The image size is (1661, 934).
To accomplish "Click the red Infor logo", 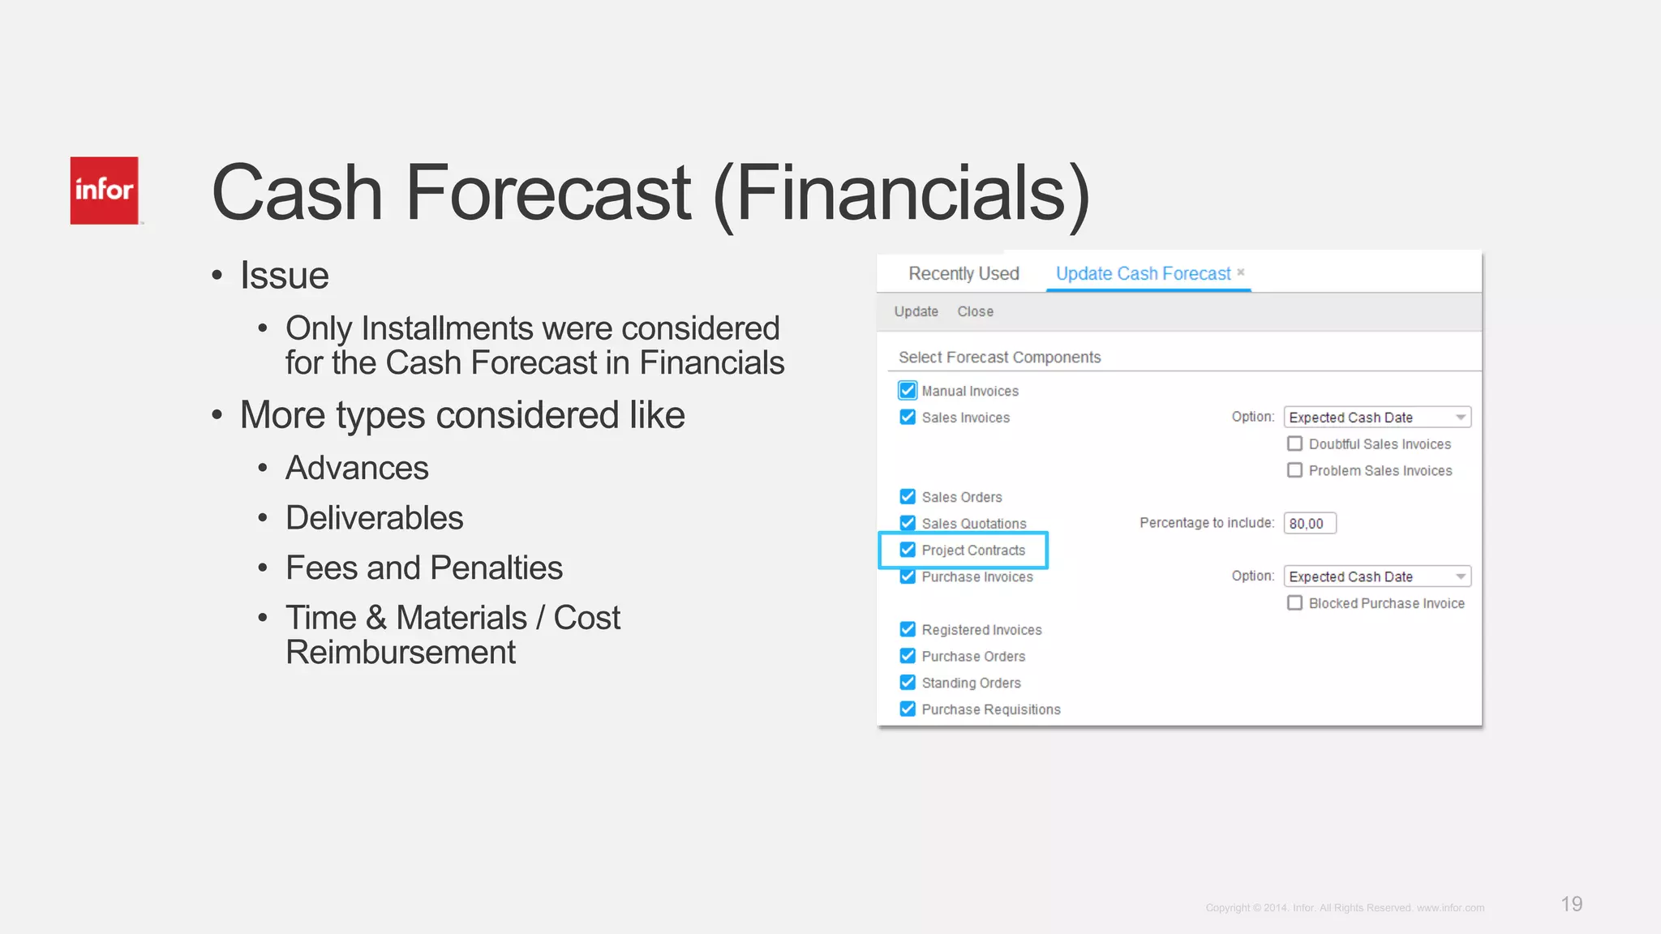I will point(104,191).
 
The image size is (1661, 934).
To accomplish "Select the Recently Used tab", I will point(964,274).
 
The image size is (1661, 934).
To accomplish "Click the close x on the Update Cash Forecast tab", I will point(1241,272).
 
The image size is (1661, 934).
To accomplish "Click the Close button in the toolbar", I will point(975,311).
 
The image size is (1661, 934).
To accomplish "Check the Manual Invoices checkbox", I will point(908,391).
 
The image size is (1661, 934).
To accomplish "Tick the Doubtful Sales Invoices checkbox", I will point(1295,443).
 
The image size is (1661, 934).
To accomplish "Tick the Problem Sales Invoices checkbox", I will point(1295,470).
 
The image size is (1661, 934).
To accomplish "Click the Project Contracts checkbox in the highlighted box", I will point(908,550).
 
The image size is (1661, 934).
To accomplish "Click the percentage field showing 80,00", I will point(1309,524).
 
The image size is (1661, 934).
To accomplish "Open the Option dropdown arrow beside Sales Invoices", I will point(1460,418).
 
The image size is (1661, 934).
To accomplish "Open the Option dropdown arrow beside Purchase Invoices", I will point(1460,576).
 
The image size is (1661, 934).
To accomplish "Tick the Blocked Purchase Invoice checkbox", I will point(1295,603).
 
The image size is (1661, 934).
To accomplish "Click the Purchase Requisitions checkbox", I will point(908,709).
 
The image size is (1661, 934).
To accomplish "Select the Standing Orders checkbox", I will point(908,683).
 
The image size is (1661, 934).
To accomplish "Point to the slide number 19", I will point(1571,904).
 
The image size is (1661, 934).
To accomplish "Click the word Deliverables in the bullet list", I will point(374,518).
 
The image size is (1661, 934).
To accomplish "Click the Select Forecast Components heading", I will point(999,358).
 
